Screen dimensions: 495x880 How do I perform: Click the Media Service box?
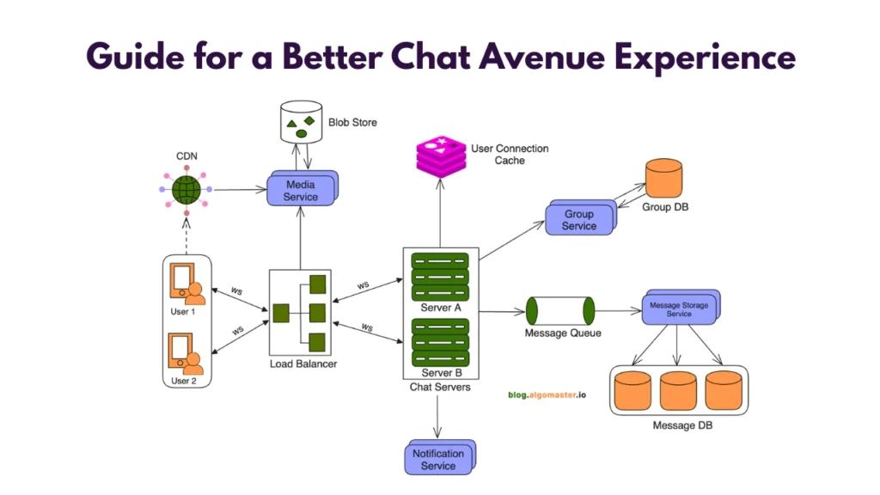tap(300, 190)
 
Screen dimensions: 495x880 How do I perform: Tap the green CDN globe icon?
tap(186, 190)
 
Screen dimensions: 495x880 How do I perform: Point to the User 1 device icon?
tap(186, 284)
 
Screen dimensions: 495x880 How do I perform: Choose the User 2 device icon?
tap(186, 353)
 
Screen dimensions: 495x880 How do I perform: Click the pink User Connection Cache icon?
tap(439, 156)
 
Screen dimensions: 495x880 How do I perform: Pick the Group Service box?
tap(579, 220)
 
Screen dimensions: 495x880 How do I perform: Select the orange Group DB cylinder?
tap(663, 177)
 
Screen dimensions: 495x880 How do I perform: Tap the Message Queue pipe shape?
tap(559, 310)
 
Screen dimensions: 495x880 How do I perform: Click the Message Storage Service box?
tap(679, 309)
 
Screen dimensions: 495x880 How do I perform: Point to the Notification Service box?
tap(438, 459)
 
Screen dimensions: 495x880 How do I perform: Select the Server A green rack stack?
tap(440, 275)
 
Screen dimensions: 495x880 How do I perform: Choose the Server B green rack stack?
tap(440, 342)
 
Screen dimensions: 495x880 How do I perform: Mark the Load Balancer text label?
tap(302, 364)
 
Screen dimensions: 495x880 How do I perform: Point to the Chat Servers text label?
tap(440, 388)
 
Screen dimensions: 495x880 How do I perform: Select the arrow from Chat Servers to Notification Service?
tap(439, 417)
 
